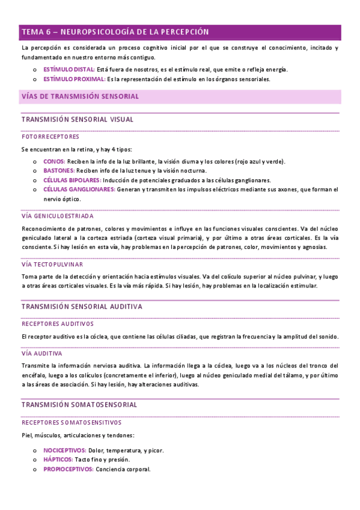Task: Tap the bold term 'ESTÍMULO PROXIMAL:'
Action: (74, 79)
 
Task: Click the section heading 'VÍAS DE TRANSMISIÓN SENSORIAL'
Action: (80, 96)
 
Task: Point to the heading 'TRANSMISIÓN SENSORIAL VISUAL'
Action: (78, 120)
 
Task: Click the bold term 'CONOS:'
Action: (54, 162)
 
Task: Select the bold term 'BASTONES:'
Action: (59, 171)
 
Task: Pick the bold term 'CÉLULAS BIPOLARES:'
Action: (72, 180)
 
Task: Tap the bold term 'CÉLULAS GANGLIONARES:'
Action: (79, 189)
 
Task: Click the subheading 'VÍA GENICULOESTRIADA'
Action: (57, 216)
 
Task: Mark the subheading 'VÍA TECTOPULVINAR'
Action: (52, 264)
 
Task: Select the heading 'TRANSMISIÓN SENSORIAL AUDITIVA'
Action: (81, 306)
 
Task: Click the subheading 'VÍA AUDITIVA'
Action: (41, 354)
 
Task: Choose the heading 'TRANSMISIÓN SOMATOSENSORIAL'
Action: (79, 405)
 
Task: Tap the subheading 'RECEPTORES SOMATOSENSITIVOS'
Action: (71, 422)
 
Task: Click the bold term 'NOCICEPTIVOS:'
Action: (64, 450)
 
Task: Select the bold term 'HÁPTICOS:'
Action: (58, 459)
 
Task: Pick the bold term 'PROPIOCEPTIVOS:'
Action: (68, 469)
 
